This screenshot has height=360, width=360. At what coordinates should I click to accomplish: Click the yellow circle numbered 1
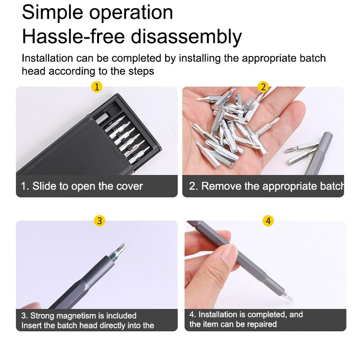(x=97, y=87)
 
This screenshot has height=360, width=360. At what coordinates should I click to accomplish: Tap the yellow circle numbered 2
(x=263, y=87)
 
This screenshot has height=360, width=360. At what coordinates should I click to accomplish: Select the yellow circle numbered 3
(x=99, y=220)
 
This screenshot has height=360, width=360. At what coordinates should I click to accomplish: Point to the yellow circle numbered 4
(x=268, y=221)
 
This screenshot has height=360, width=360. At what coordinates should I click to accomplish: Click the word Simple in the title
(x=53, y=13)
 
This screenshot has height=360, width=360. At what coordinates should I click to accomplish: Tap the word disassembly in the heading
(x=186, y=37)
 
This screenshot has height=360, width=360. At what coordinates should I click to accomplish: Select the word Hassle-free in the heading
(x=73, y=36)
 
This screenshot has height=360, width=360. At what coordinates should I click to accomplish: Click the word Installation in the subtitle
(x=47, y=58)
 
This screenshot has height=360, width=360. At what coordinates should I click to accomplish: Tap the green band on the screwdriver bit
(x=113, y=256)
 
